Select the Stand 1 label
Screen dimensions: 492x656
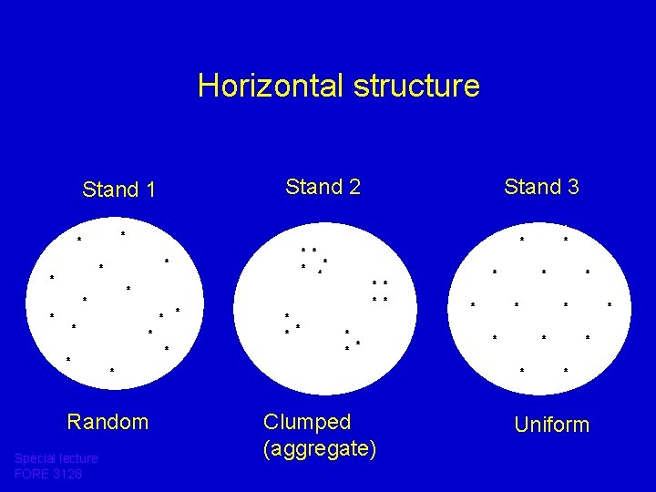pyautogui.click(x=118, y=190)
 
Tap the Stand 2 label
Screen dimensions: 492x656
pyautogui.click(x=323, y=187)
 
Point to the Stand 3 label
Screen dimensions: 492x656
pyautogui.click(x=541, y=187)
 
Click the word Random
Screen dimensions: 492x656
pyautogui.click(x=108, y=422)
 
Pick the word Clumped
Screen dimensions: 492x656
pyautogui.click(x=307, y=422)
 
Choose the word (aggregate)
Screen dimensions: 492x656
pyautogui.click(x=319, y=448)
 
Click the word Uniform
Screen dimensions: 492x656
pyautogui.click(x=552, y=425)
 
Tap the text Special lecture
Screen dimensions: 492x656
pyautogui.click(x=56, y=458)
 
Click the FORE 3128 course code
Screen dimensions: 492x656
pyautogui.click(x=48, y=474)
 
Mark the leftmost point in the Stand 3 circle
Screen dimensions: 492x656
pyautogui.click(x=473, y=304)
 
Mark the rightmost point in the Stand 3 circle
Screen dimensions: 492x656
pyautogui.click(x=610, y=304)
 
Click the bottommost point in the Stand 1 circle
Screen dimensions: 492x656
pyautogui.click(x=112, y=370)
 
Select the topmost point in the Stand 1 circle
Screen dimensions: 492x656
pyautogui.click(x=123, y=235)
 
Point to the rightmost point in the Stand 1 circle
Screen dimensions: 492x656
pyautogui.click(x=177, y=311)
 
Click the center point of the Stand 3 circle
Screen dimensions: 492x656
pyautogui.click(x=544, y=304)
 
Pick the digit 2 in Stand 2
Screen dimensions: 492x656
pyautogui.click(x=354, y=187)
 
